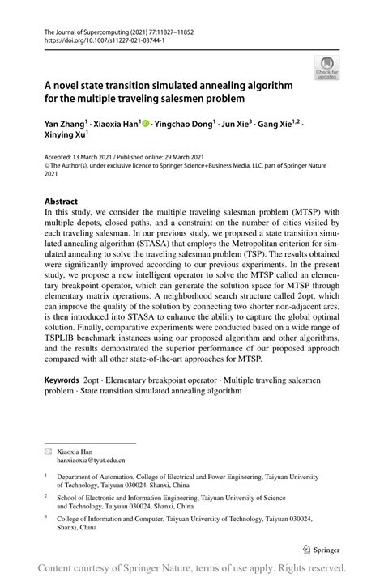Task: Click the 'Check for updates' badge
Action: [x=327, y=67]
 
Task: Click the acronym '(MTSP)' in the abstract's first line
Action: [x=300, y=213]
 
